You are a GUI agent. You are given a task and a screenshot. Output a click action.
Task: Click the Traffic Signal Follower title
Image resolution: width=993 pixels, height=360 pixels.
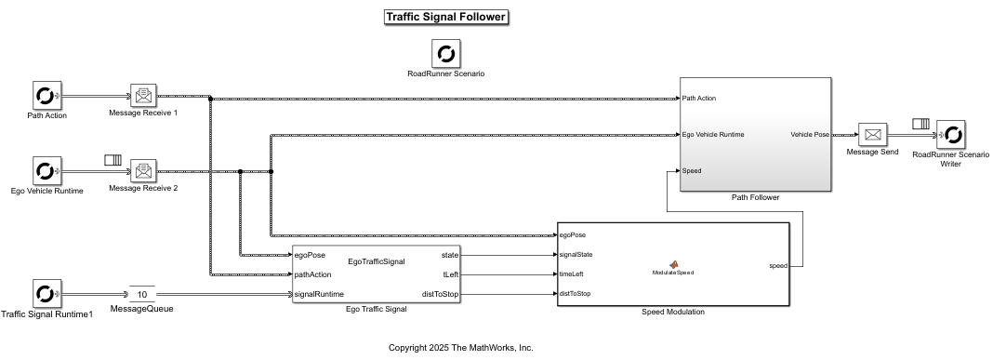[445, 17]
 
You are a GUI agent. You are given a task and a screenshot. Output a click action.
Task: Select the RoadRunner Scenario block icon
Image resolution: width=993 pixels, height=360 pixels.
[445, 53]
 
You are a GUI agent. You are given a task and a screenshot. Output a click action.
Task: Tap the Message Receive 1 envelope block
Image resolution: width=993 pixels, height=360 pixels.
[142, 96]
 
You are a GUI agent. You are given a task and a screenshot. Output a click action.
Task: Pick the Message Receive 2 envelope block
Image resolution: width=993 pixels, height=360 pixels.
[142, 171]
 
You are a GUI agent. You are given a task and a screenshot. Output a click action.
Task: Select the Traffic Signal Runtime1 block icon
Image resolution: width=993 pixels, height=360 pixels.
[45, 294]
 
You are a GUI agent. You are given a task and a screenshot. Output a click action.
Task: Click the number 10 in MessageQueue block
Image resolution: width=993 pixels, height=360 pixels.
[142, 294]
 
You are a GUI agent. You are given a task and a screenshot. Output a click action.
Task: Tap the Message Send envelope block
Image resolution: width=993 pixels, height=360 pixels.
[872, 135]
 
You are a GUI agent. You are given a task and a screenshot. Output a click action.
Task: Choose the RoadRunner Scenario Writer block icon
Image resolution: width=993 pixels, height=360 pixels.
[950, 135]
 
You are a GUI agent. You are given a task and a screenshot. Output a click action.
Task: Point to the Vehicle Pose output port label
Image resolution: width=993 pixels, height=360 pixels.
[810, 135]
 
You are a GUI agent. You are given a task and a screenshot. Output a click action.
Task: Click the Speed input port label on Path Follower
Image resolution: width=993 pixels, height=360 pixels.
[692, 171]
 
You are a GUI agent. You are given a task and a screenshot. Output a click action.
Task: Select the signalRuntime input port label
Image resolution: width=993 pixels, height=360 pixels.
[318, 294]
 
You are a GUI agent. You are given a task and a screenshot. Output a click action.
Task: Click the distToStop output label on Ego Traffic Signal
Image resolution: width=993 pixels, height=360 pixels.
[441, 294]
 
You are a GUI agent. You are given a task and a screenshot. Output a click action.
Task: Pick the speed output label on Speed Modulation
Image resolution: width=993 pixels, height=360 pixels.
[778, 265]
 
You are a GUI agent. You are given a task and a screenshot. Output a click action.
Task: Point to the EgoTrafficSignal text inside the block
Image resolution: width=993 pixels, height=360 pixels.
[376, 261]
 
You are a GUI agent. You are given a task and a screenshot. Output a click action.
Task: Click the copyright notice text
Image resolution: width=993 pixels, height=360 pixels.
[460, 347]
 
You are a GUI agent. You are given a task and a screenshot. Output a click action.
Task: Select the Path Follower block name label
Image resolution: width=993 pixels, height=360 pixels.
[755, 197]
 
